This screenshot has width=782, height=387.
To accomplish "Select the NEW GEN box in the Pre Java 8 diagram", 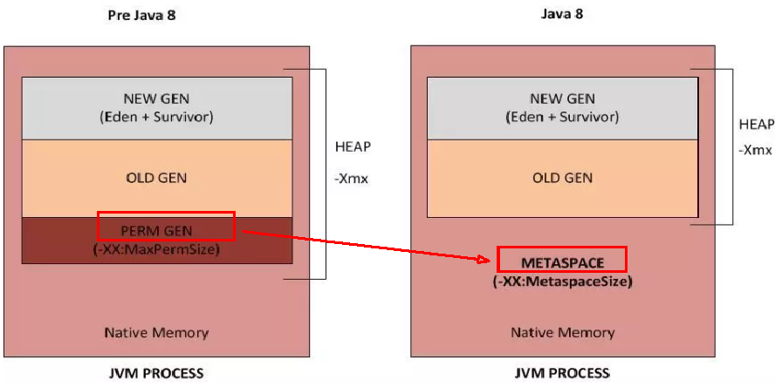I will tap(156, 107).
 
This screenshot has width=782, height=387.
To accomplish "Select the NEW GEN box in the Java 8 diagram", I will tap(561, 107).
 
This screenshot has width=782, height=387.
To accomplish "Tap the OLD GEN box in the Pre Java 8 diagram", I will tap(156, 178).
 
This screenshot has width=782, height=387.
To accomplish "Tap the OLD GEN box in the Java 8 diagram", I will tap(561, 178).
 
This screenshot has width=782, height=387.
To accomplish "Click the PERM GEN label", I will tap(156, 229).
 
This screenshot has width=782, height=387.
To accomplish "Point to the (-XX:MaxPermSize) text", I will tap(156, 248).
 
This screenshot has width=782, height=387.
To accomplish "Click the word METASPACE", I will tap(562, 261).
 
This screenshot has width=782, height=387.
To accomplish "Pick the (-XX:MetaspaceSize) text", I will tap(562, 282).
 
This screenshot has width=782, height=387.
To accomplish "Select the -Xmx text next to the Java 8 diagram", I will tap(754, 149).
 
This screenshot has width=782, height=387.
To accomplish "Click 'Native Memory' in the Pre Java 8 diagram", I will tap(156, 332).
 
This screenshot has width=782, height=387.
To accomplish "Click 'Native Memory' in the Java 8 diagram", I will tap(562, 332).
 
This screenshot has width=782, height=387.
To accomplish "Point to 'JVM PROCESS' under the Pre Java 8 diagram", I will tap(156, 374).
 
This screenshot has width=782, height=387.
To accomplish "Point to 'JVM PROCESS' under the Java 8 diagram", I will tap(561, 374).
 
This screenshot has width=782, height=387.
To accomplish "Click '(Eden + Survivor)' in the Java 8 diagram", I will tap(561, 116).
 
